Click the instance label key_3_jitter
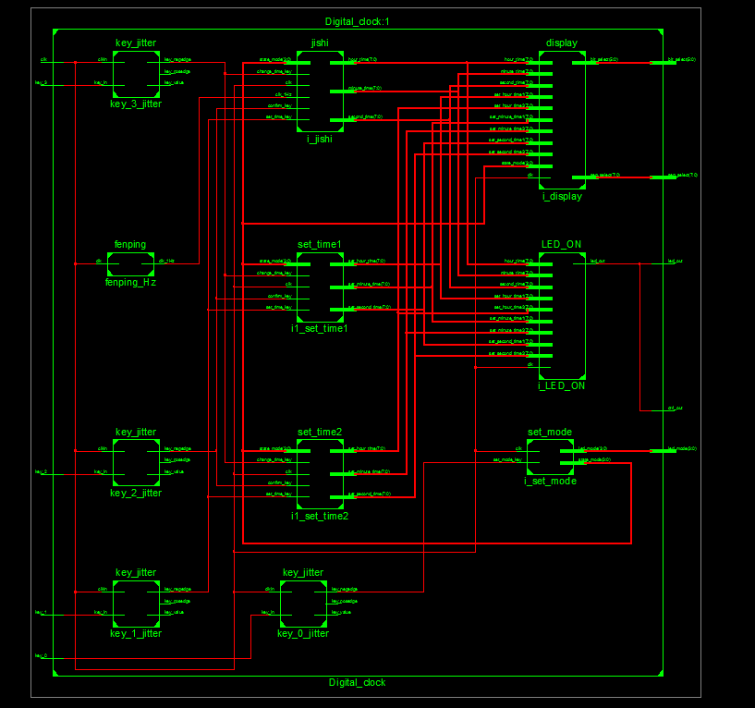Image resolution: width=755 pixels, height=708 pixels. [136, 104]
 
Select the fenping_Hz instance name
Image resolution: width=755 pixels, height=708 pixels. [130, 282]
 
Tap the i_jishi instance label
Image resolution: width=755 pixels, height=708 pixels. [320, 139]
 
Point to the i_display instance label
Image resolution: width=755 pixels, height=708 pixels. [562, 196]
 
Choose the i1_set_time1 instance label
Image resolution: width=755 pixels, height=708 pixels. [320, 328]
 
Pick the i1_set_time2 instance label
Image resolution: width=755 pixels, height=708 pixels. [320, 516]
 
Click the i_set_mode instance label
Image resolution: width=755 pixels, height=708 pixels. [550, 481]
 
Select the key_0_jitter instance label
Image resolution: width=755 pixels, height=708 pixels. [303, 633]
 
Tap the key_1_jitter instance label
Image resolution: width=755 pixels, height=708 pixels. [136, 633]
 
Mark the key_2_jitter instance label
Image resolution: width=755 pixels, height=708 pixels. [136, 493]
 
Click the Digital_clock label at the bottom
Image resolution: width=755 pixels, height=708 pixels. [357, 682]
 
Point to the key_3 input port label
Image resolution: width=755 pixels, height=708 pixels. [41, 83]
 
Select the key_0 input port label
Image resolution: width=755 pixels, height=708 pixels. [41, 655]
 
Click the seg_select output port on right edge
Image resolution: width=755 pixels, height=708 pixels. [682, 175]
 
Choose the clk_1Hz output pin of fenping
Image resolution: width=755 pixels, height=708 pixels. [166, 262]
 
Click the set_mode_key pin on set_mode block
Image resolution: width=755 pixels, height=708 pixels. [508, 459]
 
